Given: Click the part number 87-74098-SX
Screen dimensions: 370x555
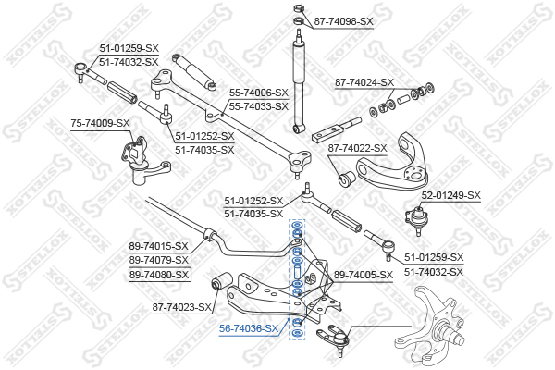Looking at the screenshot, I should click(343, 20).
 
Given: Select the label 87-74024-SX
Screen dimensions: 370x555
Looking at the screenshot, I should click(364, 81).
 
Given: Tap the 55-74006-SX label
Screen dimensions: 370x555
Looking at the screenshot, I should click(260, 92).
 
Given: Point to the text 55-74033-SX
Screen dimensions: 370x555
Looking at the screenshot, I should click(260, 105).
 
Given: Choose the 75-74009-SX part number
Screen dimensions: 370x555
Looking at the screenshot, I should click(100, 122).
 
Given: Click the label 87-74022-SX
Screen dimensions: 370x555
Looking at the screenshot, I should click(358, 147).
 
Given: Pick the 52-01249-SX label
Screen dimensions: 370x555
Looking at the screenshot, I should click(451, 194).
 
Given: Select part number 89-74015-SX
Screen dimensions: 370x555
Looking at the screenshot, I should click(158, 246).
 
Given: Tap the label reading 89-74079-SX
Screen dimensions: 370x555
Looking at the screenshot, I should click(158, 260).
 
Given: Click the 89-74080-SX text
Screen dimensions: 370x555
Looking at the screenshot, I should click(158, 274).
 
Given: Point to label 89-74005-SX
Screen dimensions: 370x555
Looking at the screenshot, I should click(364, 275).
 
